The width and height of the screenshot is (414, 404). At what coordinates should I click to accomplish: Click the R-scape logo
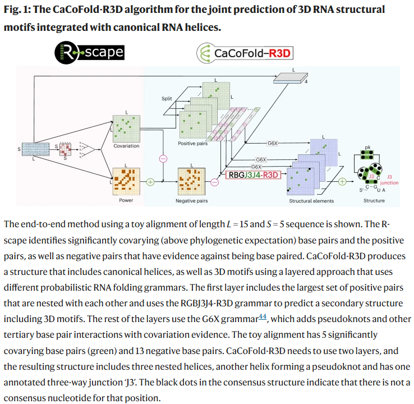[x=89, y=53]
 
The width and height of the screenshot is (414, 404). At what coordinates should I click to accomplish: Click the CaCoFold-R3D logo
[x=245, y=54]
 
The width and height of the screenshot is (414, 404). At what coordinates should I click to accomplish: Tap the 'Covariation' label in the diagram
[x=126, y=146]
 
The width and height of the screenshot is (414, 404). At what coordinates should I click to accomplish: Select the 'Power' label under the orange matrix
[x=126, y=200]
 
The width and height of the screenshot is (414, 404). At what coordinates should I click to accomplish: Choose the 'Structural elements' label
[x=311, y=200]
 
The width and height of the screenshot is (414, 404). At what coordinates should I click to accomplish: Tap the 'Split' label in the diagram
[x=167, y=98]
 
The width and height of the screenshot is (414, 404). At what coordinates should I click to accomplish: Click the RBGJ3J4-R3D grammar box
[x=253, y=175]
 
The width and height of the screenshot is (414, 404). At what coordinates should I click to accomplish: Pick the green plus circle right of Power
[x=150, y=182]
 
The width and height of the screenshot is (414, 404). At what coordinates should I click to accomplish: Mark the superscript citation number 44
[x=262, y=318]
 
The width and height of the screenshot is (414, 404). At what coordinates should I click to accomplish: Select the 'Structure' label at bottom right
[x=374, y=200]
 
